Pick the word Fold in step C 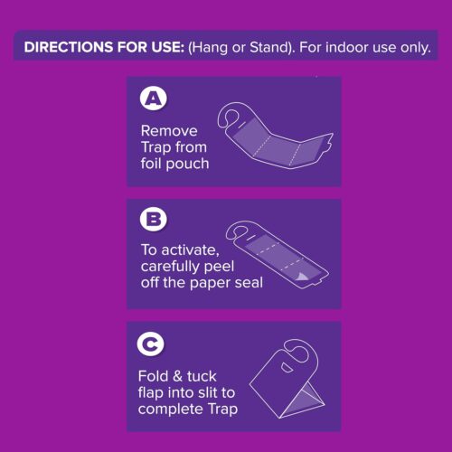pos(155,377)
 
